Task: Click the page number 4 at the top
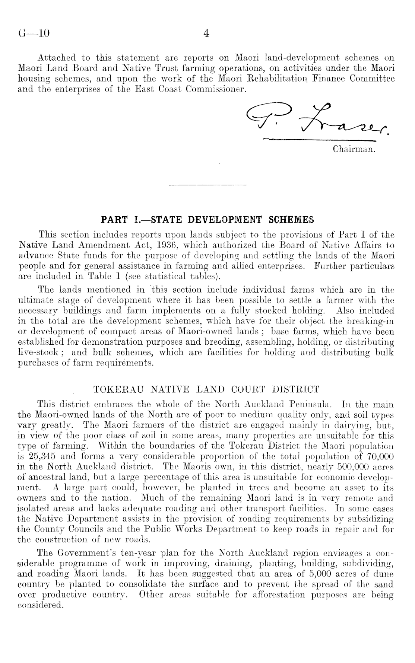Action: click(207, 34)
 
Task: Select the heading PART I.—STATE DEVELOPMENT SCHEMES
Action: click(207, 220)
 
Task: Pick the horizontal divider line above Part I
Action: click(207, 185)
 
